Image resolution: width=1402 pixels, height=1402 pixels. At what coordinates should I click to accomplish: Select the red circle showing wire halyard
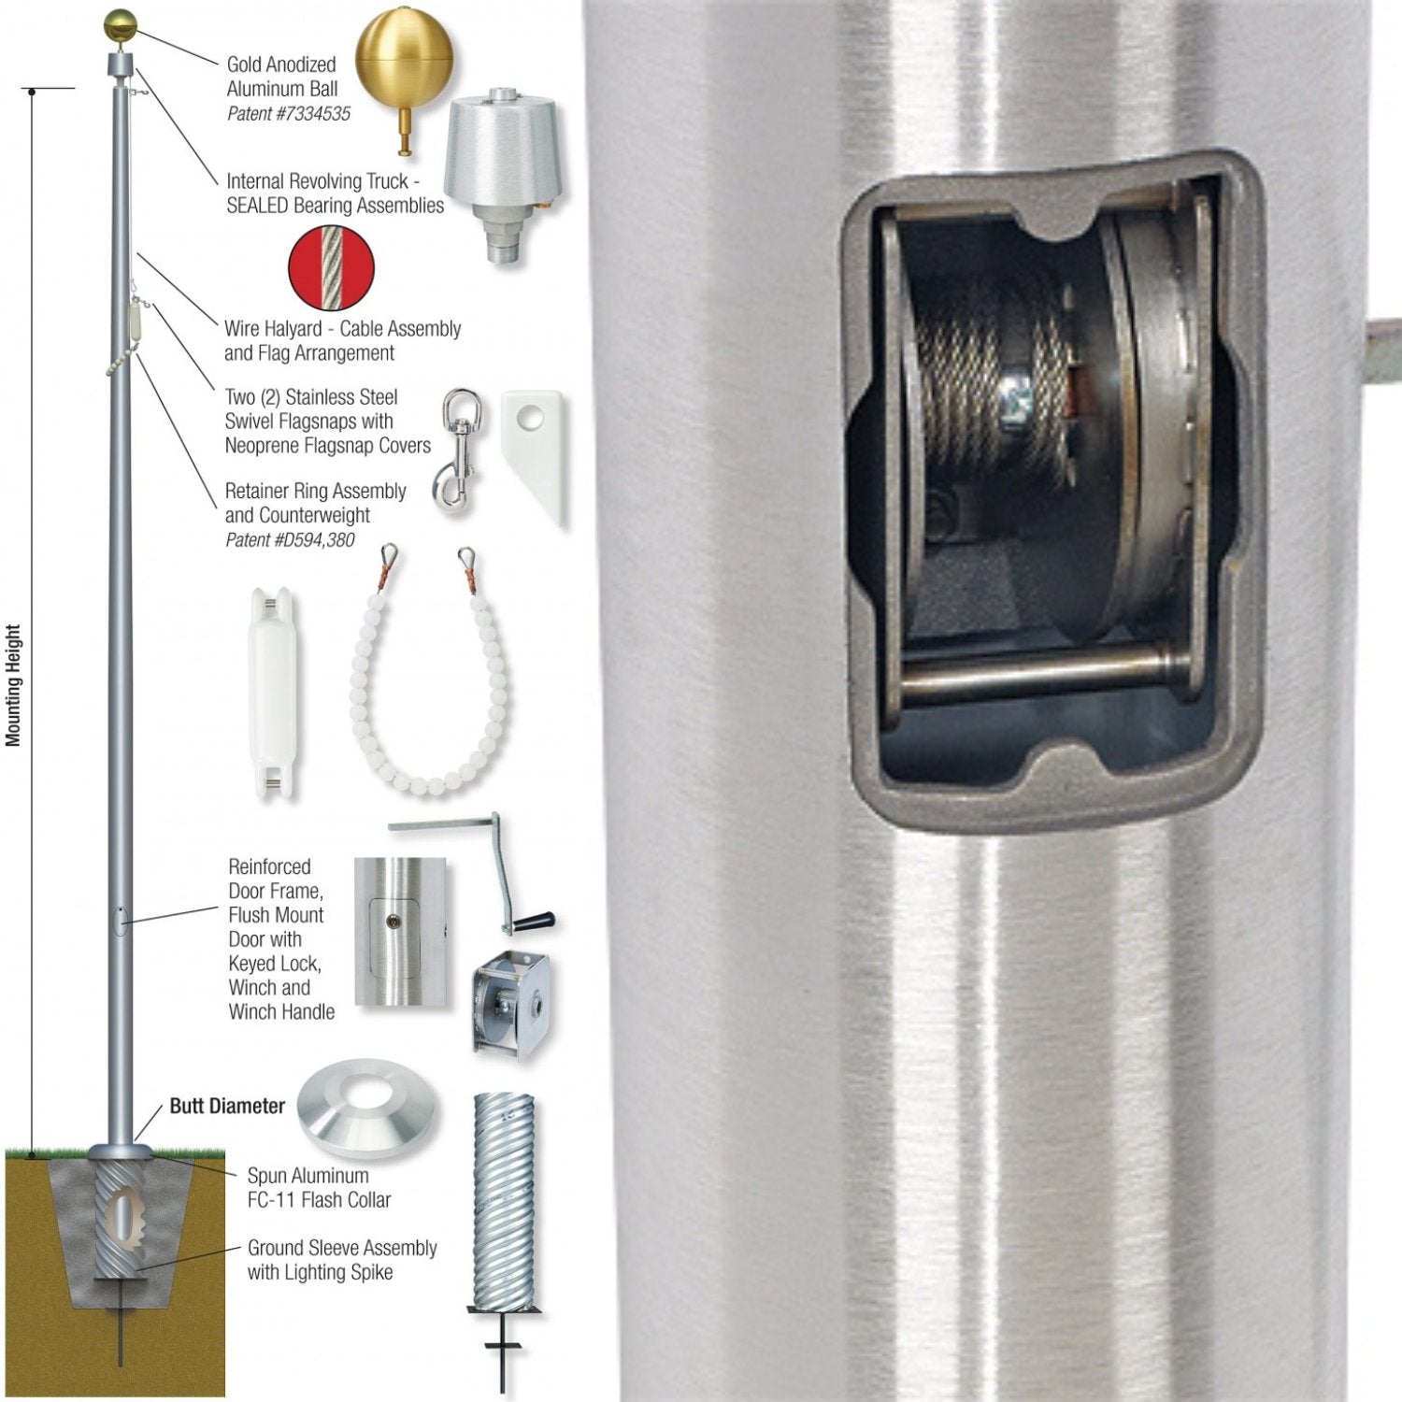point(331,267)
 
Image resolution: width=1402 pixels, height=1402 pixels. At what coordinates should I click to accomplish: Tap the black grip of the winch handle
point(533,922)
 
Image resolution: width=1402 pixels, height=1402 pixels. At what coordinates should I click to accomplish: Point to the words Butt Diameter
point(227,1106)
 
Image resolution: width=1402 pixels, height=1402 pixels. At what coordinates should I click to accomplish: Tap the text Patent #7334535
point(289,114)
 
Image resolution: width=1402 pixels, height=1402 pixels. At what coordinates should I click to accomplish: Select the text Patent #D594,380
point(290,540)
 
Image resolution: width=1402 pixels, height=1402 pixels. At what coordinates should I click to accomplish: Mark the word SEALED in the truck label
point(257,206)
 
